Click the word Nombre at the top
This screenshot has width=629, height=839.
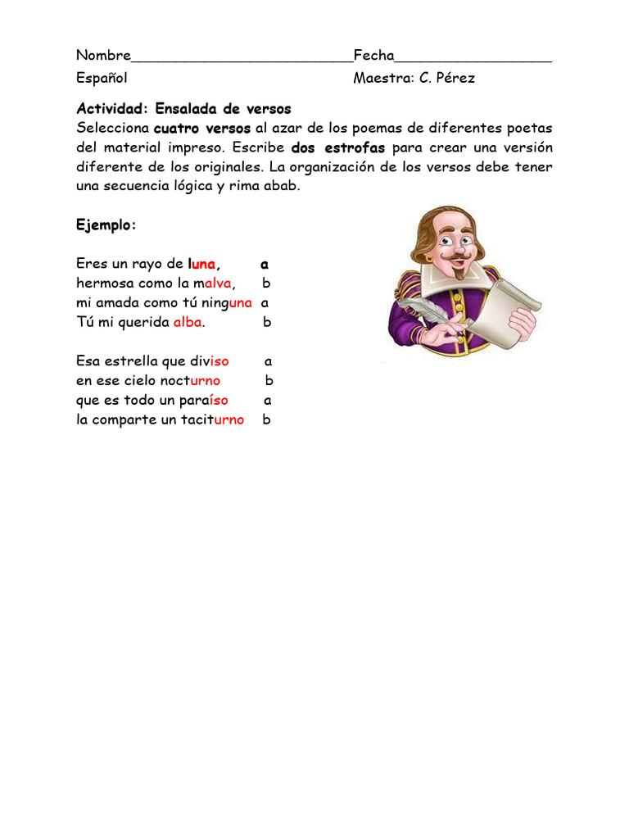(103, 56)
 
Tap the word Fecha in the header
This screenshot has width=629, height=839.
(373, 56)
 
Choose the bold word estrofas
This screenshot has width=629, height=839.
(354, 148)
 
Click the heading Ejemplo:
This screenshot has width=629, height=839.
(106, 225)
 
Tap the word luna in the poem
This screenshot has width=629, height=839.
(202, 264)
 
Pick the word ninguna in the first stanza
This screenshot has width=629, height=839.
(227, 303)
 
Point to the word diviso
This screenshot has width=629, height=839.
(209, 361)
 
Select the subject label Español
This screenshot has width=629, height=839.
(102, 79)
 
